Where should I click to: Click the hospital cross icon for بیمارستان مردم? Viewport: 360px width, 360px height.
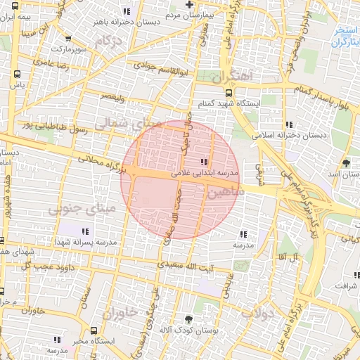[x=189, y=5]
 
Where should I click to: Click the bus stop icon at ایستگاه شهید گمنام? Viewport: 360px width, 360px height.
[x=229, y=92]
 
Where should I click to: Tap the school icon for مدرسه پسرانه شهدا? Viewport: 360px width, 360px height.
[x=86, y=231]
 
